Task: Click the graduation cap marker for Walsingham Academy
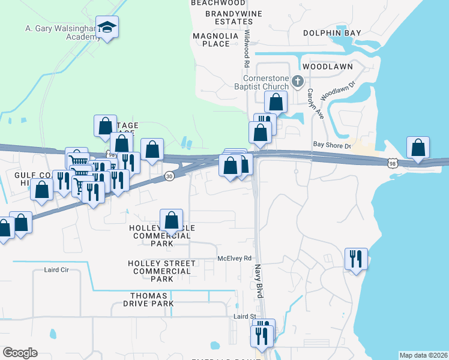coord(107,27)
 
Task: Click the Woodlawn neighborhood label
coord(327,66)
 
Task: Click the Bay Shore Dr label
coord(331,144)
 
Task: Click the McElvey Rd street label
coord(234,259)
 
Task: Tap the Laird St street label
coord(245,316)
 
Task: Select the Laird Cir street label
coord(57,270)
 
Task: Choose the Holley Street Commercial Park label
coord(161,271)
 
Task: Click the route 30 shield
coord(170,176)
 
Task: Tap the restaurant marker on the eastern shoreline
coord(356,259)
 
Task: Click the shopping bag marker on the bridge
coord(418,148)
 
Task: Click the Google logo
coord(20,353)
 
